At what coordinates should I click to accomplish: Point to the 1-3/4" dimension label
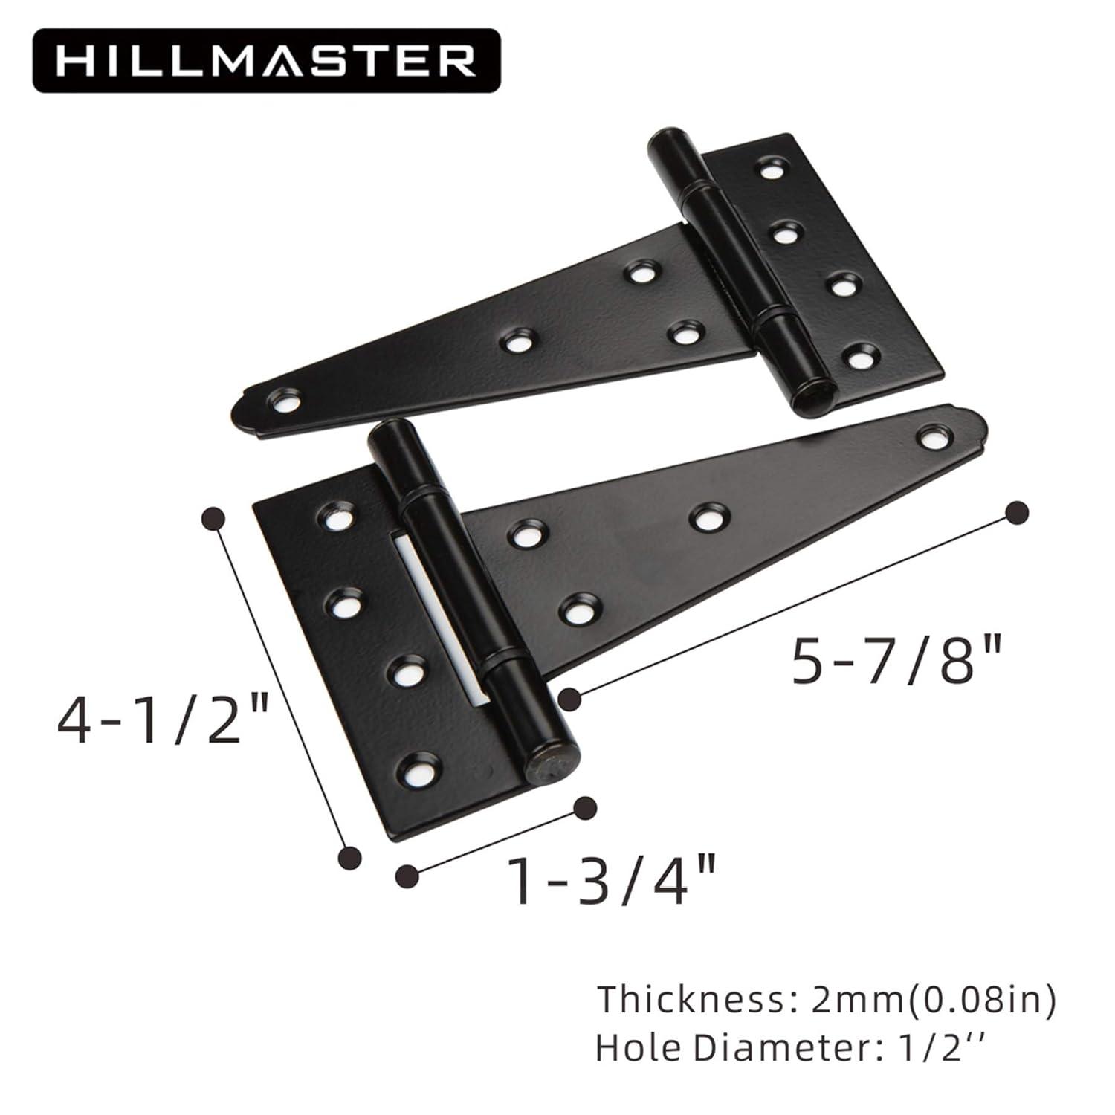point(613,880)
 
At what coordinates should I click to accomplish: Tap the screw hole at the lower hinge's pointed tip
point(930,437)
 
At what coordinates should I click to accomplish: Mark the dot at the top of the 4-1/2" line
point(214,518)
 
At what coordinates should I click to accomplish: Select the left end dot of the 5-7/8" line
point(569,699)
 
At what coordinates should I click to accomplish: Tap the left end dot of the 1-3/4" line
point(407,875)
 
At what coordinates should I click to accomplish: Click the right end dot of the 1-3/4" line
point(586,807)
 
